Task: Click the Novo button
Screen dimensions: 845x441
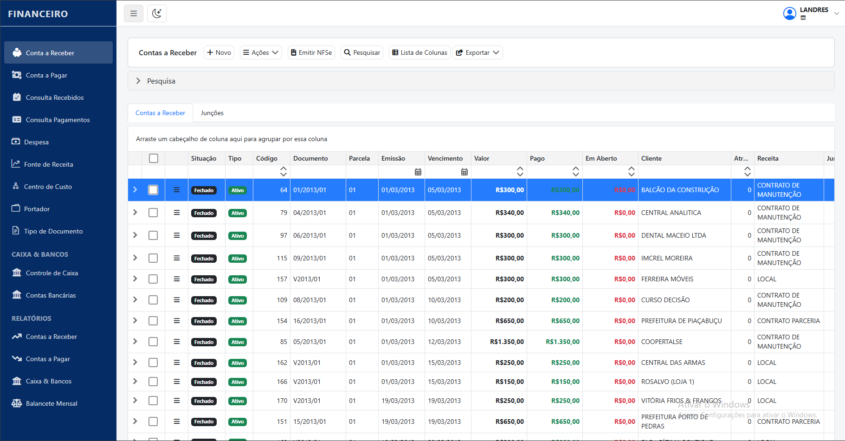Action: (219, 52)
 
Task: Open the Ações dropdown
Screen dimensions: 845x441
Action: (261, 52)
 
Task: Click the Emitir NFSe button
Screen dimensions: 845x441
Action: (311, 52)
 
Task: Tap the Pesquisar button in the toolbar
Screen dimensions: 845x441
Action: (362, 52)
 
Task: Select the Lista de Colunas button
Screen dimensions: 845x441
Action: (419, 52)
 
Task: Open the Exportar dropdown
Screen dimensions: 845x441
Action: (477, 52)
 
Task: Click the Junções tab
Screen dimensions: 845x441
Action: (212, 113)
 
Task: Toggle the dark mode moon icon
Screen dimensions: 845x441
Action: (157, 13)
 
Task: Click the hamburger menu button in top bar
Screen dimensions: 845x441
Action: (134, 13)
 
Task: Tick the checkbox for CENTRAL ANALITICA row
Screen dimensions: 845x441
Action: (153, 213)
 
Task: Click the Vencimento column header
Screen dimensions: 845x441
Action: (445, 158)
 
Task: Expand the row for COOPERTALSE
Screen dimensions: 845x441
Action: (135, 341)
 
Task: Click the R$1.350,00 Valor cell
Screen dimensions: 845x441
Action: (507, 342)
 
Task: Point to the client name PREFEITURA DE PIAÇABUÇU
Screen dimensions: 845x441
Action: (681, 321)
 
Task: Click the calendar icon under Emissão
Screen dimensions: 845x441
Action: (418, 172)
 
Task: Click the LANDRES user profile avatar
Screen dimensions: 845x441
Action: (789, 13)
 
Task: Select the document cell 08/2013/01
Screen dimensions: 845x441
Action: (310, 300)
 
